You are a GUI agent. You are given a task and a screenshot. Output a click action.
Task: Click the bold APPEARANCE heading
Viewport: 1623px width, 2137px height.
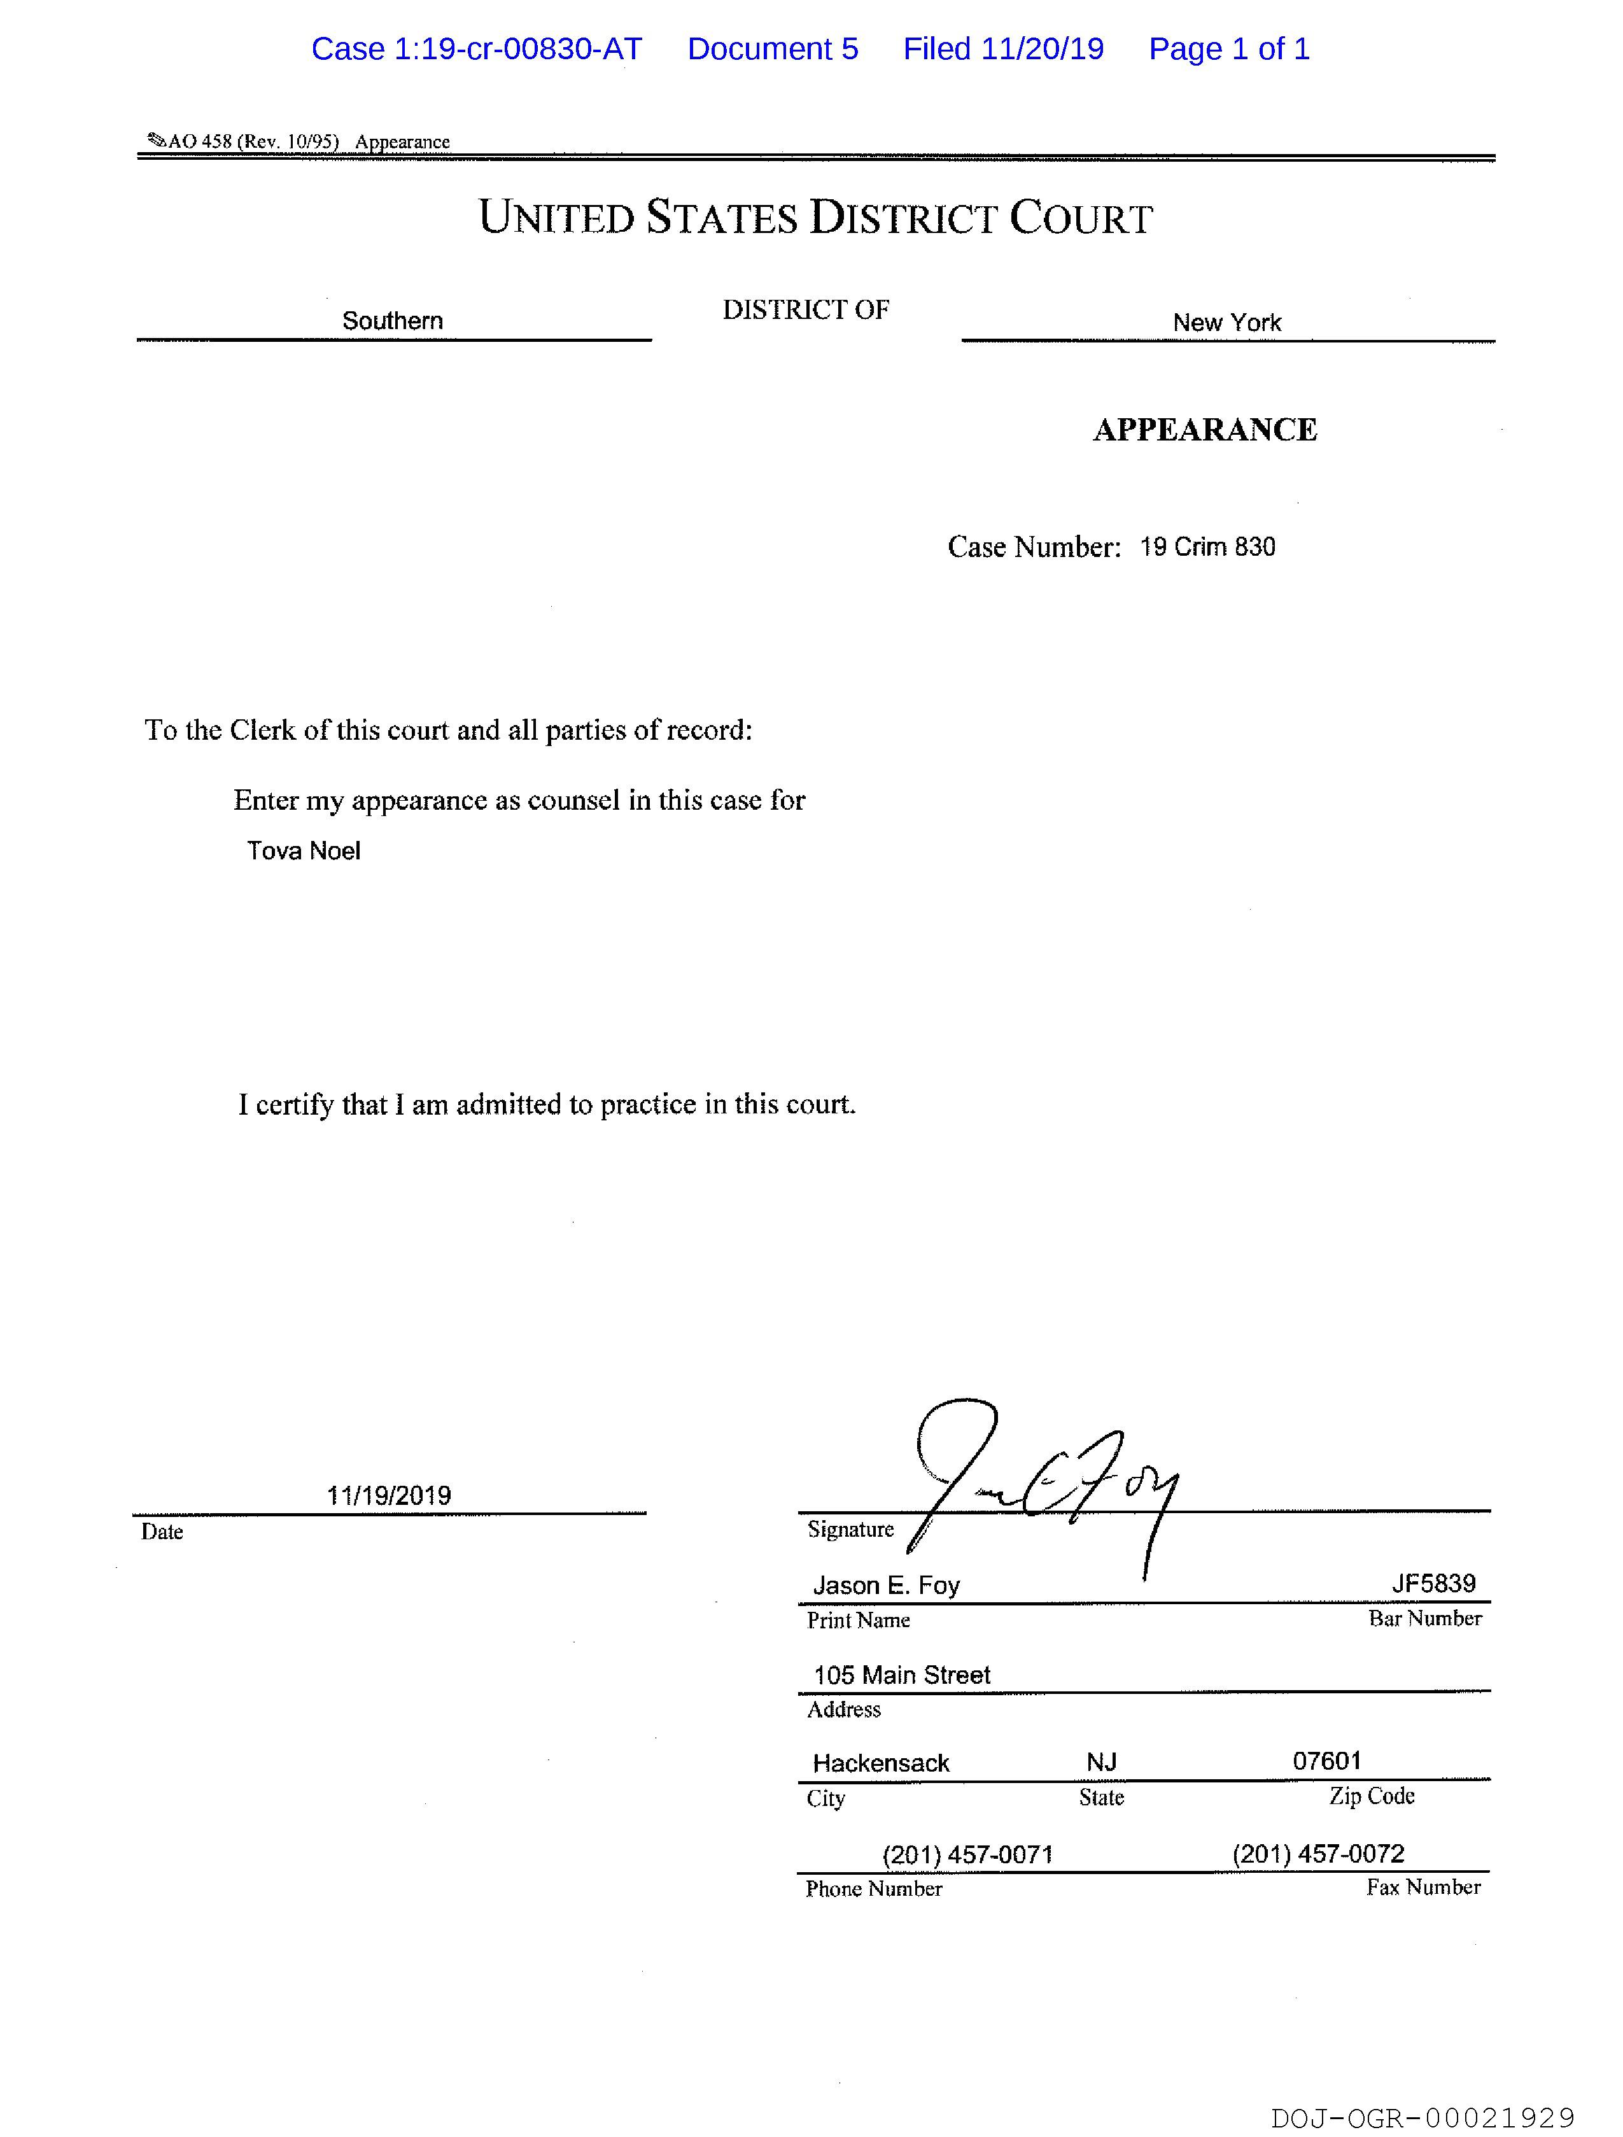pos(1205,430)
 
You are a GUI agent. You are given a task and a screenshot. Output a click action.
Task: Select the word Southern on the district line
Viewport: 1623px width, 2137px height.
pos(392,321)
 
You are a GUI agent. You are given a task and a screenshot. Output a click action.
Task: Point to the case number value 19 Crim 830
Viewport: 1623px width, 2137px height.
pos(1207,547)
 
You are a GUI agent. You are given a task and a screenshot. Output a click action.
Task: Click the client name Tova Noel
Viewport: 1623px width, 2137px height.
pos(304,850)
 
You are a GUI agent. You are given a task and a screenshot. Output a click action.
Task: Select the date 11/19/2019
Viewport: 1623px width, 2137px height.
pos(388,1495)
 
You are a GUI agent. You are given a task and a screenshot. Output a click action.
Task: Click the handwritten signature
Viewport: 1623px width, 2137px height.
pos(1043,1478)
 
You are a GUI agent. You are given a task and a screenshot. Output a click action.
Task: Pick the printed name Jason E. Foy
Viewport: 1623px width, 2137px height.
pos(886,1585)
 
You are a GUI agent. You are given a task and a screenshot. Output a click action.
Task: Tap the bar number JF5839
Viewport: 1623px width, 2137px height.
pos(1433,1583)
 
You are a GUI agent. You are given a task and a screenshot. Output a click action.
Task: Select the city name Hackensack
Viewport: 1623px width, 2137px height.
pos(881,1763)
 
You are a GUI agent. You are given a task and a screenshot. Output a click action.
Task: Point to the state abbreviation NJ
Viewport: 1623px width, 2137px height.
pos(1101,1762)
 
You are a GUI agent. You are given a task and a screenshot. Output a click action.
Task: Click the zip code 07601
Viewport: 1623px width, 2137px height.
pos(1326,1760)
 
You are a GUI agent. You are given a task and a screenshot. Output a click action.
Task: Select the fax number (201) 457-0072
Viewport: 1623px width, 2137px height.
pos(1317,1854)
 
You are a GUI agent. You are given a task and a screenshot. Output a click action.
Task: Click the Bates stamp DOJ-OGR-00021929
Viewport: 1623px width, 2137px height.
pos(1422,2119)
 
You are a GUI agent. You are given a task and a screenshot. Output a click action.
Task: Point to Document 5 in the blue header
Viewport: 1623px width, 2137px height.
pos(773,49)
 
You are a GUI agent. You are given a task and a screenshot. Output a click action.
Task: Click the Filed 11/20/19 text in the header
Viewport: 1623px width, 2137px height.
pos(1003,49)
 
